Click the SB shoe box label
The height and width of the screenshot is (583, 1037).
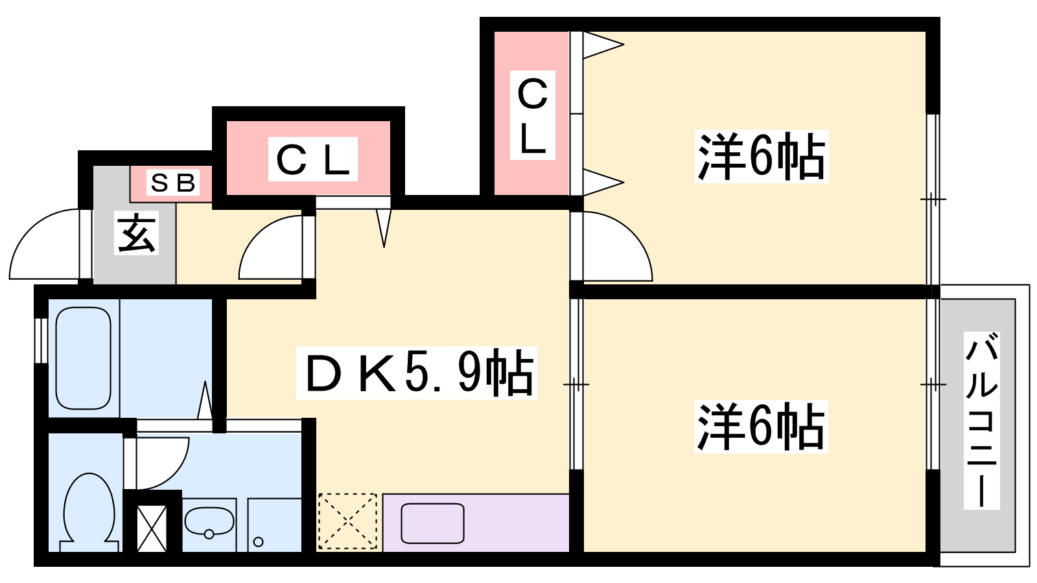coord(173,183)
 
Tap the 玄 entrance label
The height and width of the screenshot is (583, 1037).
coord(137,233)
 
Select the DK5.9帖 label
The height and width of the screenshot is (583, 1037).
coord(416,373)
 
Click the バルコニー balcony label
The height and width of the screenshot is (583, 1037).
coord(981,420)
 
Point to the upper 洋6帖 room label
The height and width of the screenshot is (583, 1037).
coord(762,156)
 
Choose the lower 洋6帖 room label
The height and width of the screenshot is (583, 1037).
coord(761,427)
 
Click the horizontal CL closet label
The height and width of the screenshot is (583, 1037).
coord(313,159)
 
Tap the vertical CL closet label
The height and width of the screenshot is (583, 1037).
coord(532,115)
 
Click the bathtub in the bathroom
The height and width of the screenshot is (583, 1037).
coord(84,358)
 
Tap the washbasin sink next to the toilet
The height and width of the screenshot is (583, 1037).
coord(209,523)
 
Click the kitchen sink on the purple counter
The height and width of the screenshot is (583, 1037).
coord(432,523)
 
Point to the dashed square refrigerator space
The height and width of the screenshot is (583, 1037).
coord(347,521)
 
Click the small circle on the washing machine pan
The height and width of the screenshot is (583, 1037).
coord(259,542)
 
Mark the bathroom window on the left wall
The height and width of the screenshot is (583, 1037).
coord(41,341)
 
